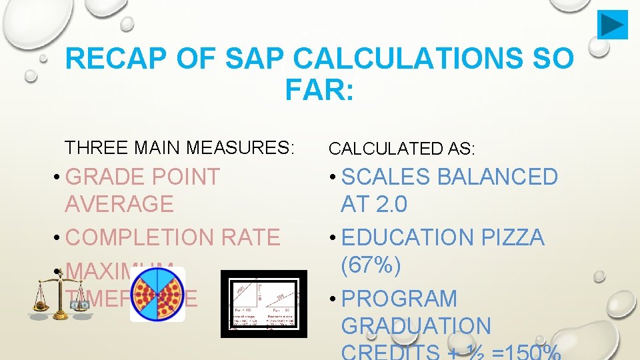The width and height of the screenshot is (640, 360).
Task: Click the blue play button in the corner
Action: pos(612,25)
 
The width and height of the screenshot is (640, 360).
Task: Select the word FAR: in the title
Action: pos(319,90)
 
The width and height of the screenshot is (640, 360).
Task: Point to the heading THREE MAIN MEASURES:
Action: pos(179,147)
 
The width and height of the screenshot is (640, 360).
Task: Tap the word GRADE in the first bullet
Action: pos(107,177)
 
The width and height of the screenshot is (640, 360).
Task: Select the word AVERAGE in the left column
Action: pos(119,203)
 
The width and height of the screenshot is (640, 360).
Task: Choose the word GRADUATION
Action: pos(416,326)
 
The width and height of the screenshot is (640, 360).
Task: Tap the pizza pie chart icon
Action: pos(157,295)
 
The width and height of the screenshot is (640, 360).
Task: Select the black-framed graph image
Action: pos(264,303)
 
